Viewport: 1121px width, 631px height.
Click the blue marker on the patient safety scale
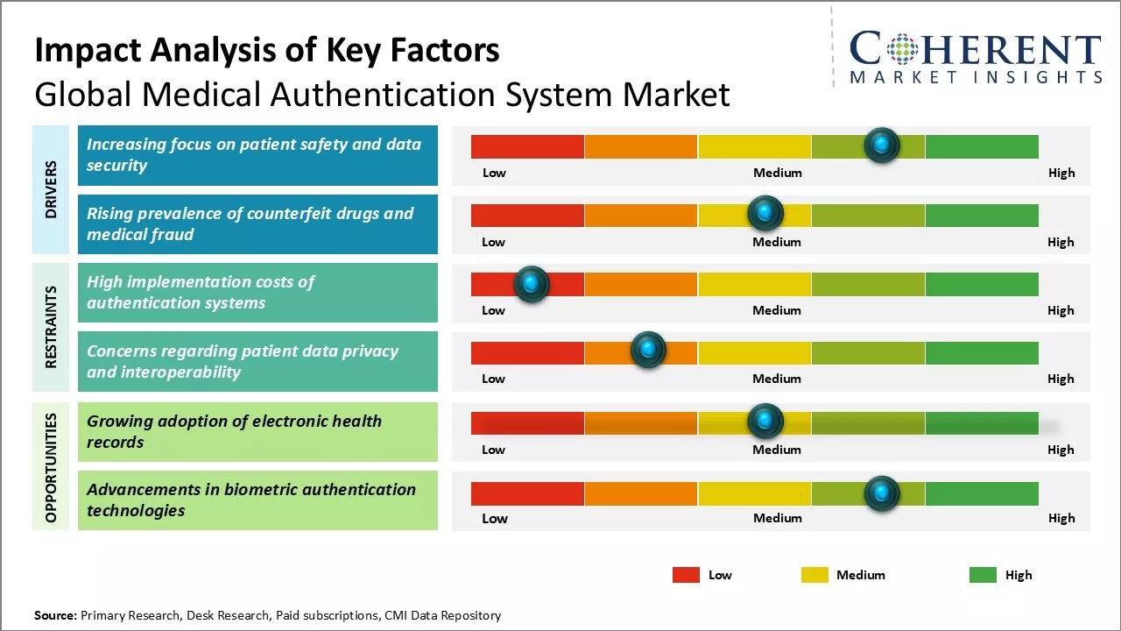[882, 145]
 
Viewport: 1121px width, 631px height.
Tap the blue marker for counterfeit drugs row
[765, 213]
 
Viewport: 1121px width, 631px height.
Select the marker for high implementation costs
[531, 284]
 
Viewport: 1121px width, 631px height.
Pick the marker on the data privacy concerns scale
[648, 351]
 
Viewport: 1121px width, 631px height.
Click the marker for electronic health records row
[765, 422]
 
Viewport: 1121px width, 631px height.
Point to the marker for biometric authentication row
[882, 493]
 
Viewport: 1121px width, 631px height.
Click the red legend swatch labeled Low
[686, 575]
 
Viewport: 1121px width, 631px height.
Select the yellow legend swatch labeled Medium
[814, 575]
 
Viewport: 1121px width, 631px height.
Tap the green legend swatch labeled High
[983, 575]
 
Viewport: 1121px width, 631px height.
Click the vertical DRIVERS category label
[51, 188]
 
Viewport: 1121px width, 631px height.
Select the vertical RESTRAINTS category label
[51, 327]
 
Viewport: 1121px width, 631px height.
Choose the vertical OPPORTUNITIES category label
[51, 467]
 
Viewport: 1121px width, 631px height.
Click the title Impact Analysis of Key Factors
[267, 51]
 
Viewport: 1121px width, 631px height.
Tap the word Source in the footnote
[54, 615]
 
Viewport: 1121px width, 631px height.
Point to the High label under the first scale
[1061, 173]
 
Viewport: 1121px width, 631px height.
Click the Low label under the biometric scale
[494, 518]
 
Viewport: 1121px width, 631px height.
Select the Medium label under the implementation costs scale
[777, 310]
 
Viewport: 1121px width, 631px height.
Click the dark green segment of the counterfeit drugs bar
[981, 215]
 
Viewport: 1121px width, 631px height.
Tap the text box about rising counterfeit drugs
[257, 224]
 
